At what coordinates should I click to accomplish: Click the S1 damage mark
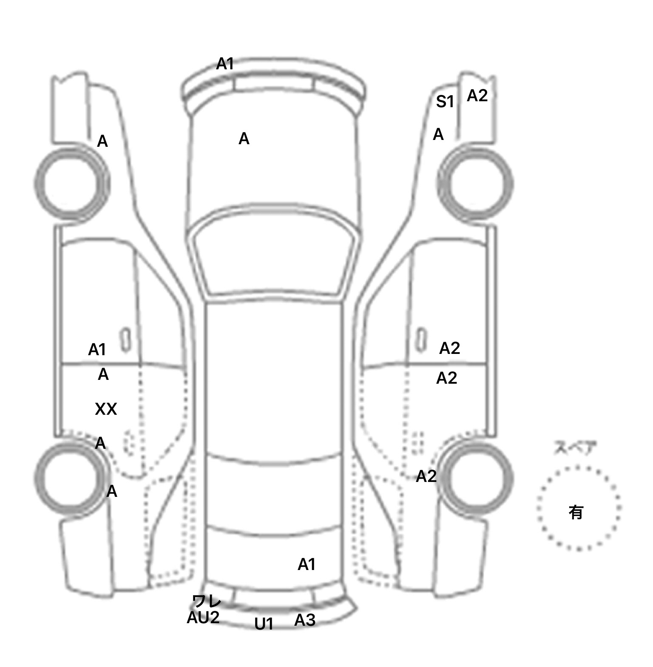click(x=445, y=102)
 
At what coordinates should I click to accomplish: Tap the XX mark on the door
click(x=106, y=409)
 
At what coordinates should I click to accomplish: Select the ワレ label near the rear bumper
click(x=207, y=601)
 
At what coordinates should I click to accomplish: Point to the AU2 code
click(x=203, y=617)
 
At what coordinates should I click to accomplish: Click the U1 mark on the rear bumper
click(x=264, y=624)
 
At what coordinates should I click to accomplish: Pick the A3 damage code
click(x=305, y=620)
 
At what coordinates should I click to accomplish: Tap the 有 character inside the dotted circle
click(x=576, y=512)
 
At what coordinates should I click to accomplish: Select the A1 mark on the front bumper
click(x=225, y=64)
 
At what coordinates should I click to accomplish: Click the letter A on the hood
click(x=244, y=139)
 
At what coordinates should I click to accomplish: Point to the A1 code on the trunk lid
click(x=307, y=564)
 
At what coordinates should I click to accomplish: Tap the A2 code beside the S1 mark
click(x=477, y=96)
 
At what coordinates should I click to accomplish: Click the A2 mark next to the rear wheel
click(x=426, y=476)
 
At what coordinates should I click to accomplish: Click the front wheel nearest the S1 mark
click(x=475, y=184)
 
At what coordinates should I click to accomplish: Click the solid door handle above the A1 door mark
click(x=125, y=339)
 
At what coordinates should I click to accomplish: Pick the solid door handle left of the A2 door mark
click(x=421, y=339)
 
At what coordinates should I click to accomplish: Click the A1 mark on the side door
click(x=97, y=350)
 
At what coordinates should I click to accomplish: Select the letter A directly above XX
click(x=103, y=374)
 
